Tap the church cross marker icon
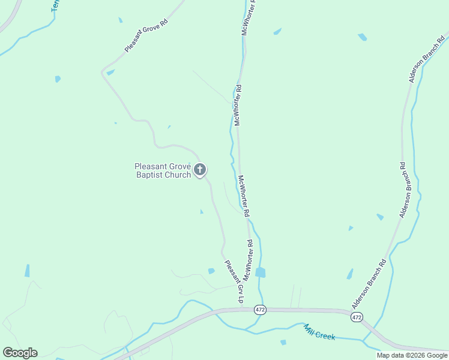[x=200, y=170]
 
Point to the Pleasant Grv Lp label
[x=235, y=280]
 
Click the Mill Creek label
[x=319, y=332]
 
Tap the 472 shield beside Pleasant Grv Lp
[x=259, y=310]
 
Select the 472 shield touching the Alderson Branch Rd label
[x=357, y=317]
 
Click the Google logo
[x=20, y=353]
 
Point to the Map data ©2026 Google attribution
[x=412, y=355]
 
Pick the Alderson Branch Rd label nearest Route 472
[x=369, y=284]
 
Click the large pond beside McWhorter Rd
[x=260, y=272]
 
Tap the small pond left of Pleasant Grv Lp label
[x=211, y=271]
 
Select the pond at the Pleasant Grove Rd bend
[x=110, y=73]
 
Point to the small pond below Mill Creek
[x=283, y=343]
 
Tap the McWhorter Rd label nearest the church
[x=243, y=196]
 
